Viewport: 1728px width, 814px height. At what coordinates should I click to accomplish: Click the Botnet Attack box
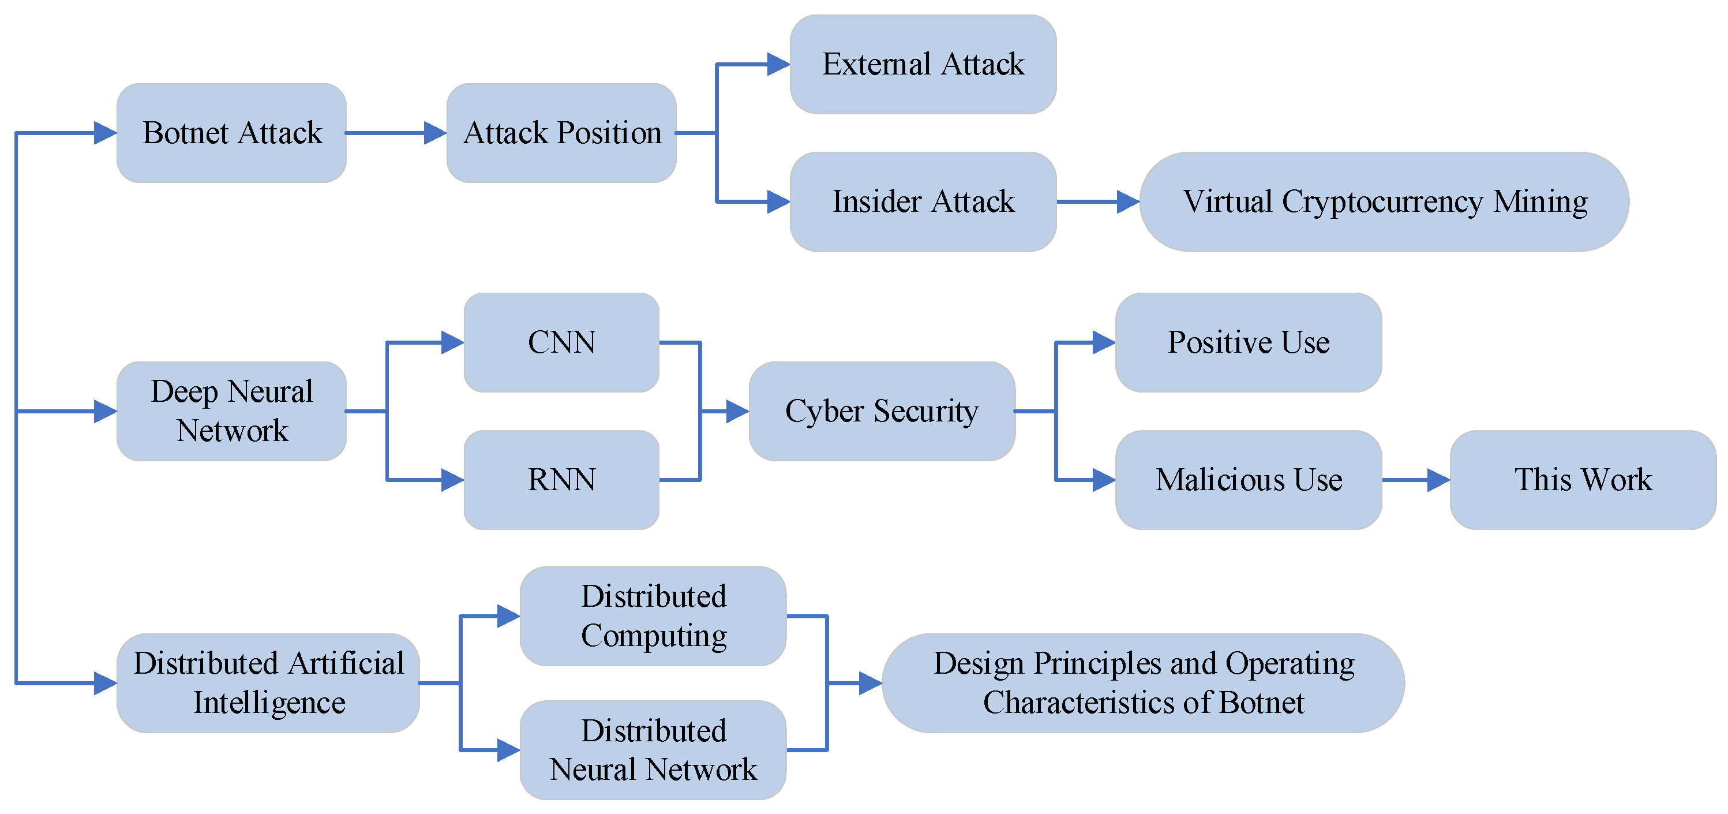tap(231, 133)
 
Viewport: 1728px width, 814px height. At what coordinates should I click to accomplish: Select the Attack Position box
tap(561, 133)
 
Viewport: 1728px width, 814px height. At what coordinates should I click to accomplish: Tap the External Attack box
tap(923, 65)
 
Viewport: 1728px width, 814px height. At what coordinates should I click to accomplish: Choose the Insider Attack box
tap(923, 201)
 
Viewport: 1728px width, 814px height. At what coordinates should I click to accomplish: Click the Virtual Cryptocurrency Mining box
tap(1385, 201)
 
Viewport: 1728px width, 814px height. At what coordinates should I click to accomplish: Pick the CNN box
tap(561, 342)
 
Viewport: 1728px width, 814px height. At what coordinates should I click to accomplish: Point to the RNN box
tap(561, 480)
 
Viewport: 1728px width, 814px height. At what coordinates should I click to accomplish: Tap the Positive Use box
tap(1249, 342)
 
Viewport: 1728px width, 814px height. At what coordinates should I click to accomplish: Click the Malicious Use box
tap(1249, 480)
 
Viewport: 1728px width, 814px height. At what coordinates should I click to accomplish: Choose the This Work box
tap(1583, 480)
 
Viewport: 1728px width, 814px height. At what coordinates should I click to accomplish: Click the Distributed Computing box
tap(653, 616)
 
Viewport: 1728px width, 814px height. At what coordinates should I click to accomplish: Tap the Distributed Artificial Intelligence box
tap(268, 683)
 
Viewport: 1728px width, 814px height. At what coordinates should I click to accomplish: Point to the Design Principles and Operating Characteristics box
tap(1144, 683)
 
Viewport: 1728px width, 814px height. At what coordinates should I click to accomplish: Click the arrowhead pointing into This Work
tap(1439, 480)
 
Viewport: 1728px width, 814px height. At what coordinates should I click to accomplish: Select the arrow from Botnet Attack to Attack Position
tap(396, 133)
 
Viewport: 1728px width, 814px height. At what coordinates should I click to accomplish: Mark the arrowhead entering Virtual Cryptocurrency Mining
tap(1129, 201)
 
